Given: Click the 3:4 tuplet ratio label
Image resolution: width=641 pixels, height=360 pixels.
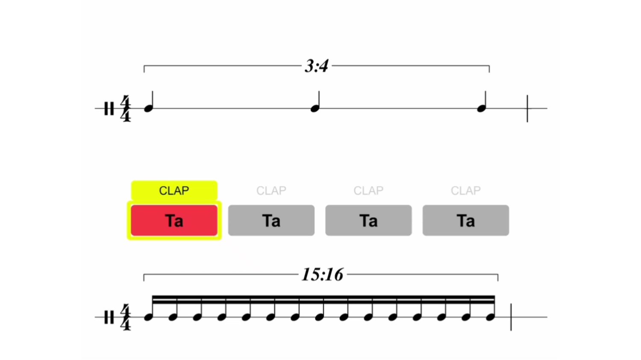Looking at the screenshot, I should [317, 66].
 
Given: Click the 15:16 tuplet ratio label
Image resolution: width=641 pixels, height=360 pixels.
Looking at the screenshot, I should [323, 275].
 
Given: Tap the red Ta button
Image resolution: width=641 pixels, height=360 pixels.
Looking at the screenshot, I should [174, 220].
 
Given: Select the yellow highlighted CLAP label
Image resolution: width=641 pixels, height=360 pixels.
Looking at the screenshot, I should [174, 190].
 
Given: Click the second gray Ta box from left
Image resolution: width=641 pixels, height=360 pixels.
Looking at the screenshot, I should [271, 220].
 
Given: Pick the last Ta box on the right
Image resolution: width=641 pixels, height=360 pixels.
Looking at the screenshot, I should [466, 220].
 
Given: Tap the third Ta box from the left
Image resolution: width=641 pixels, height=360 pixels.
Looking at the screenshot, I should [368, 220].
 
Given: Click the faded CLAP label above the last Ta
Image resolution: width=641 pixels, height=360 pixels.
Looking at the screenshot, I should [466, 190].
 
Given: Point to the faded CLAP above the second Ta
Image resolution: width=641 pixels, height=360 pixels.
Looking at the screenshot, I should [271, 190].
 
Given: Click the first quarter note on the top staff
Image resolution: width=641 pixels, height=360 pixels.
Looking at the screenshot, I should [148, 108].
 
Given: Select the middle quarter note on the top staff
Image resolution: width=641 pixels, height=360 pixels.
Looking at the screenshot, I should [315, 108].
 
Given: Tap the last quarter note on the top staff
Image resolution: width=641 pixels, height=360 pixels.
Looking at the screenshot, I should [482, 108].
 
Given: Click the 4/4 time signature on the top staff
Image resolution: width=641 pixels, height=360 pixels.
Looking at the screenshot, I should [125, 108].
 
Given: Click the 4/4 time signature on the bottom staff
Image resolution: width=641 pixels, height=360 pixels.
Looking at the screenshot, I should [125, 317].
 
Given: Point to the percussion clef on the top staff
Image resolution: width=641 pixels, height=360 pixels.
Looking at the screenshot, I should [109, 108].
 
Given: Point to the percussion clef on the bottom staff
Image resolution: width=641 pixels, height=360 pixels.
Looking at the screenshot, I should [109, 317].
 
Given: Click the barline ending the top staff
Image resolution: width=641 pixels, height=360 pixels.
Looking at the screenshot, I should [527, 108].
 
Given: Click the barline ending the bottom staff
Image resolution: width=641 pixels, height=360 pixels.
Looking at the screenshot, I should [511, 317].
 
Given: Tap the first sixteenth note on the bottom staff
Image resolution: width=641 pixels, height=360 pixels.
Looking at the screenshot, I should [148, 317].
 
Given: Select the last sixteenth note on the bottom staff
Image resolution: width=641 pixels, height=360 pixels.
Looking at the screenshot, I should [490, 317].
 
